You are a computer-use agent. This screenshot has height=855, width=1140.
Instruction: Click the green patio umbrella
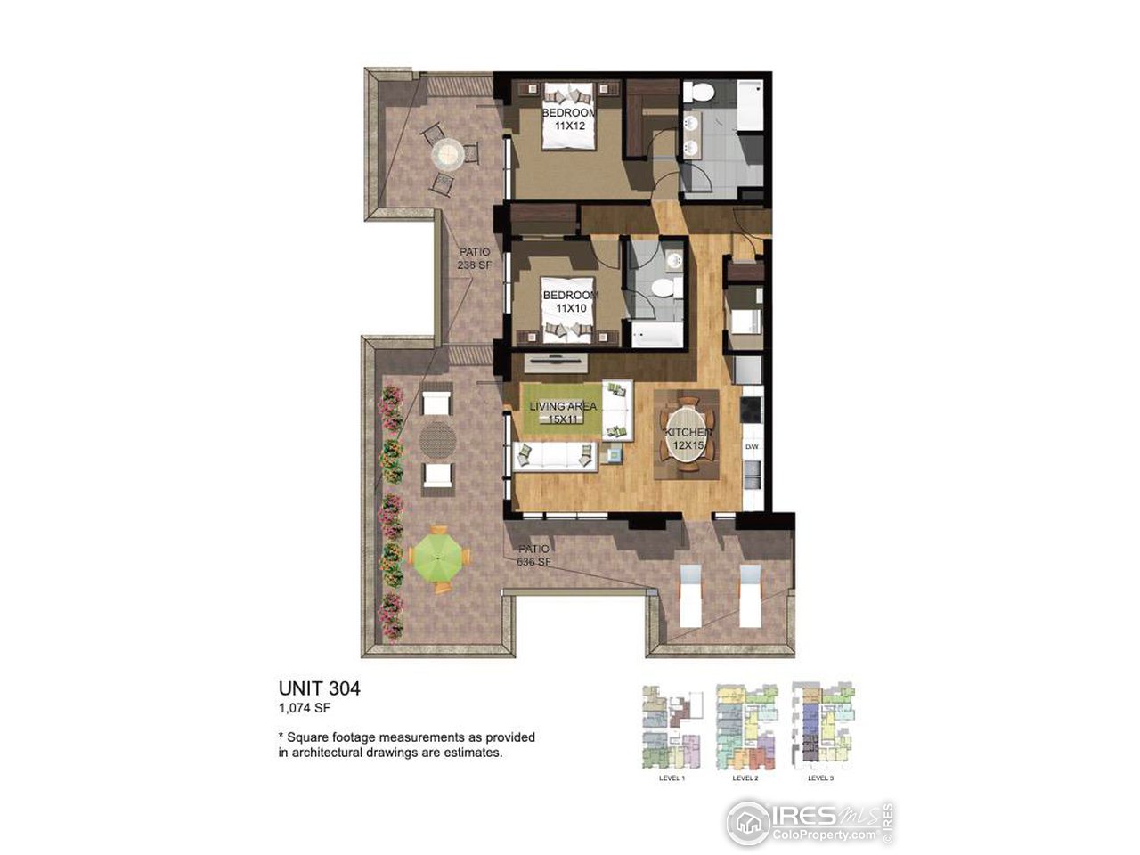point(439,558)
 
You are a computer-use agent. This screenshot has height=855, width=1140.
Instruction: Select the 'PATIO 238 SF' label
point(475,258)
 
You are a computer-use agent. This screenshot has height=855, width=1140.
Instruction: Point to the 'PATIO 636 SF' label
point(533,555)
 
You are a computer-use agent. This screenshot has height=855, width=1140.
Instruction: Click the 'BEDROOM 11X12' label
point(570,120)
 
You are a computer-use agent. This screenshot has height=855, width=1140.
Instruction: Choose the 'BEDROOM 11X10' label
point(570,301)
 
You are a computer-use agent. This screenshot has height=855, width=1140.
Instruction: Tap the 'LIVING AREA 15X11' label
point(563,412)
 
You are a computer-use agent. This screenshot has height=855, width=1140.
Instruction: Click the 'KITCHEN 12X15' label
point(688,436)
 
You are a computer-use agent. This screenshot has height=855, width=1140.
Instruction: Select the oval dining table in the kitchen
point(688,436)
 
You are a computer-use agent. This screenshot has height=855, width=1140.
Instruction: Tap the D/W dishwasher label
point(751,446)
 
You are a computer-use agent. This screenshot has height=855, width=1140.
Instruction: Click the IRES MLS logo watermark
point(809,821)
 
